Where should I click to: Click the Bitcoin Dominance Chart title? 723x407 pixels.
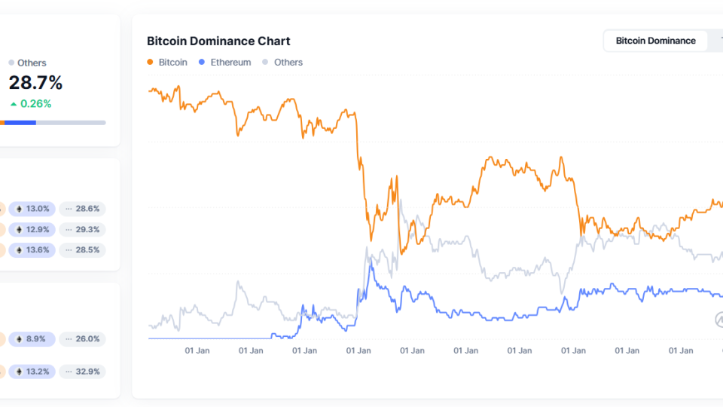218,41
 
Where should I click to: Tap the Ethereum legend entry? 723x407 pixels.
225,63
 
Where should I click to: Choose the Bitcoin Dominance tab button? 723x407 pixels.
655,41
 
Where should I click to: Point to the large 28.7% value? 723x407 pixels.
35,83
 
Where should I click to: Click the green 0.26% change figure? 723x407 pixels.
31,104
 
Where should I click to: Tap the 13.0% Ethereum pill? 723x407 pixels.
34,209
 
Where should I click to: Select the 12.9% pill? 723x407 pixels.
34,229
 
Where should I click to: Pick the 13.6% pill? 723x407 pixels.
34,249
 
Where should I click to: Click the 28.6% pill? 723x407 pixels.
83,209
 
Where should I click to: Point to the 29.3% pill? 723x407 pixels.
83,229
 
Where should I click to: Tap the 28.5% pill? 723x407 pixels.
83,249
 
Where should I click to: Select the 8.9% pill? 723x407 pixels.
34,339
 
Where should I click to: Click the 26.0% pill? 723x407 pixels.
83,339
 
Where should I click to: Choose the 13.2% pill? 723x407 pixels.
34,372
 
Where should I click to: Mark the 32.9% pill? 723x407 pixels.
83,372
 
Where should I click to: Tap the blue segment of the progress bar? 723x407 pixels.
20,122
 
